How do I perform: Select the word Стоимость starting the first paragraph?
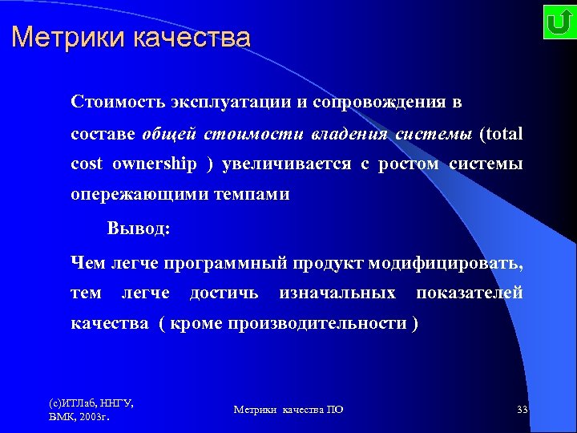(115, 103)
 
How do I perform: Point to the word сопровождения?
(365, 103)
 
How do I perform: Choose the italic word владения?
(352, 134)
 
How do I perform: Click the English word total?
(502, 134)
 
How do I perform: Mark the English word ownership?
(155, 164)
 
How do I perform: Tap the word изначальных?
(337, 293)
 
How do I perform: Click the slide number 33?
(522, 410)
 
